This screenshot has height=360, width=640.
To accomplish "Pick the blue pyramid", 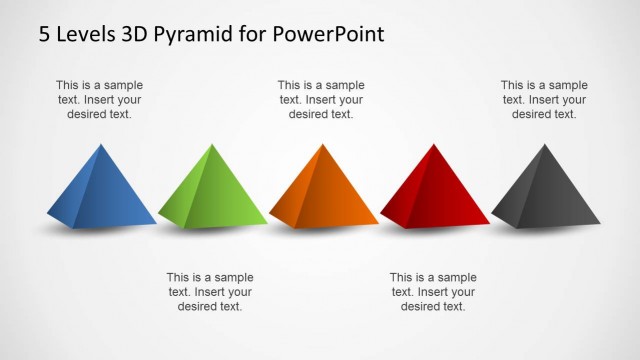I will pyautogui.click(x=101, y=192).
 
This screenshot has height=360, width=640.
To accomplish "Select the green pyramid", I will pyautogui.click(x=212, y=192).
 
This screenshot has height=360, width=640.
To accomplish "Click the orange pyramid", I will pyautogui.click(x=323, y=192).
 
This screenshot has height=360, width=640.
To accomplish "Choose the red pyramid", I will pyautogui.click(x=434, y=192).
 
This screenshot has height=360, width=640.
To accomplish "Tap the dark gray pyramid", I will pyautogui.click(x=546, y=192).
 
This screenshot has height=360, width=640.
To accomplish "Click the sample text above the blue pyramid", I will pyautogui.click(x=98, y=100).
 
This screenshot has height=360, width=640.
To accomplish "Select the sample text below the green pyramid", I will pyautogui.click(x=209, y=291).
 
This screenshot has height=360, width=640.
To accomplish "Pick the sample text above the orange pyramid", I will pyautogui.click(x=321, y=100).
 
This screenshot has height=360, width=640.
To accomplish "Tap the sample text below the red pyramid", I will pyautogui.click(x=432, y=291).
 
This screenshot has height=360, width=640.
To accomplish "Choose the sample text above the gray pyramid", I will pyautogui.click(x=544, y=100).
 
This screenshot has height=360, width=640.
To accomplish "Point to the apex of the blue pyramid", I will pyautogui.click(x=100, y=145).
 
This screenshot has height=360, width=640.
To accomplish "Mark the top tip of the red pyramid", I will pyautogui.click(x=433, y=145).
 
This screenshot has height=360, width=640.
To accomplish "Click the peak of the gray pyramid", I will pyautogui.click(x=545, y=145).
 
